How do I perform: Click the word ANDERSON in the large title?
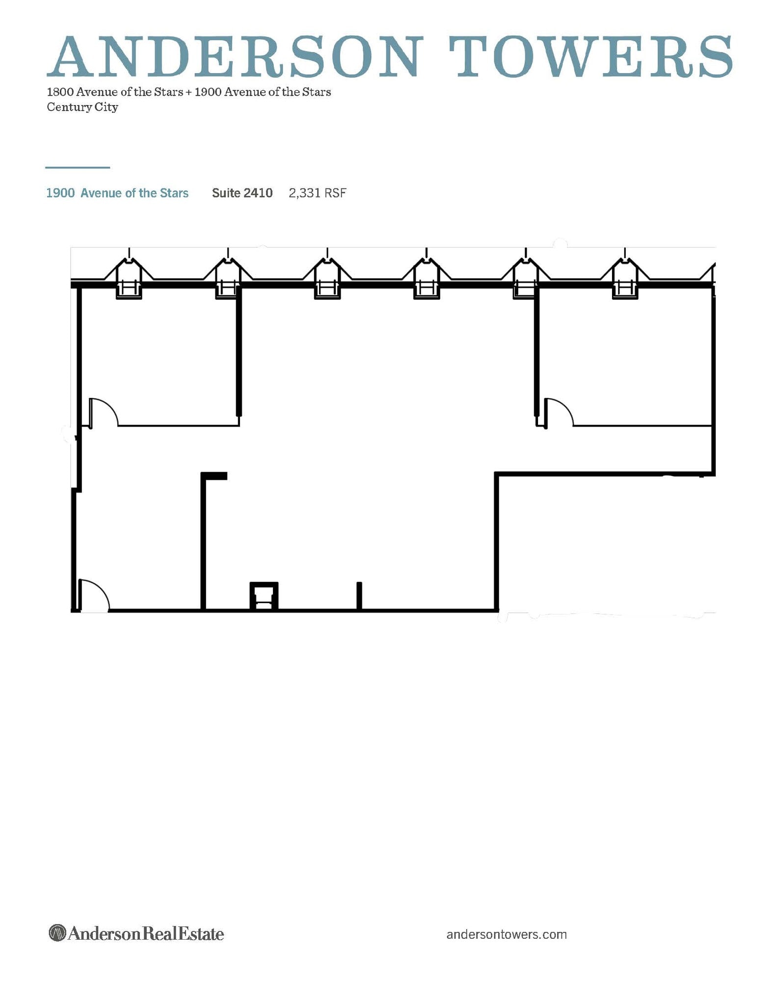[x=234, y=56]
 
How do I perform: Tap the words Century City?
[x=82, y=107]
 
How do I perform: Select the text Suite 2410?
[x=242, y=193]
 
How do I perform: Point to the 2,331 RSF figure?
[x=318, y=193]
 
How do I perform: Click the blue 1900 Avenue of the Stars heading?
[x=117, y=193]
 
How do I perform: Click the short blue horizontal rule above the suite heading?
[x=78, y=168]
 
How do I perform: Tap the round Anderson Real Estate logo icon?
[x=57, y=933]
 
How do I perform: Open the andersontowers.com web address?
[x=507, y=934]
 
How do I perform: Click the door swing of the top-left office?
[x=104, y=412]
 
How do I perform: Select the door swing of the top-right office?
[x=559, y=412]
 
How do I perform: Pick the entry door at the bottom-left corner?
[x=94, y=595]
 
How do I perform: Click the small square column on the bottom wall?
[x=264, y=596]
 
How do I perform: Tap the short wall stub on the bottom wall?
[x=359, y=596]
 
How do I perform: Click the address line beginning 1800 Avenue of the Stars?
[x=189, y=92]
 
